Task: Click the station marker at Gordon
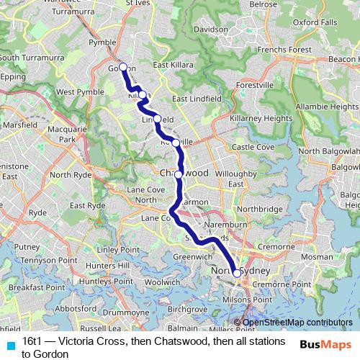[122, 67]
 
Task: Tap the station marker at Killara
[143, 94]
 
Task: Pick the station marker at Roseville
[176, 143]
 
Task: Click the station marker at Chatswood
[179, 174]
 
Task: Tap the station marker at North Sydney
[237, 273]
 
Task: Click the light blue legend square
[10, 342]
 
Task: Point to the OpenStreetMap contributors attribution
[296, 323]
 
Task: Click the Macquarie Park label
[58, 133]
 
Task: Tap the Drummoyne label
[125, 313]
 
